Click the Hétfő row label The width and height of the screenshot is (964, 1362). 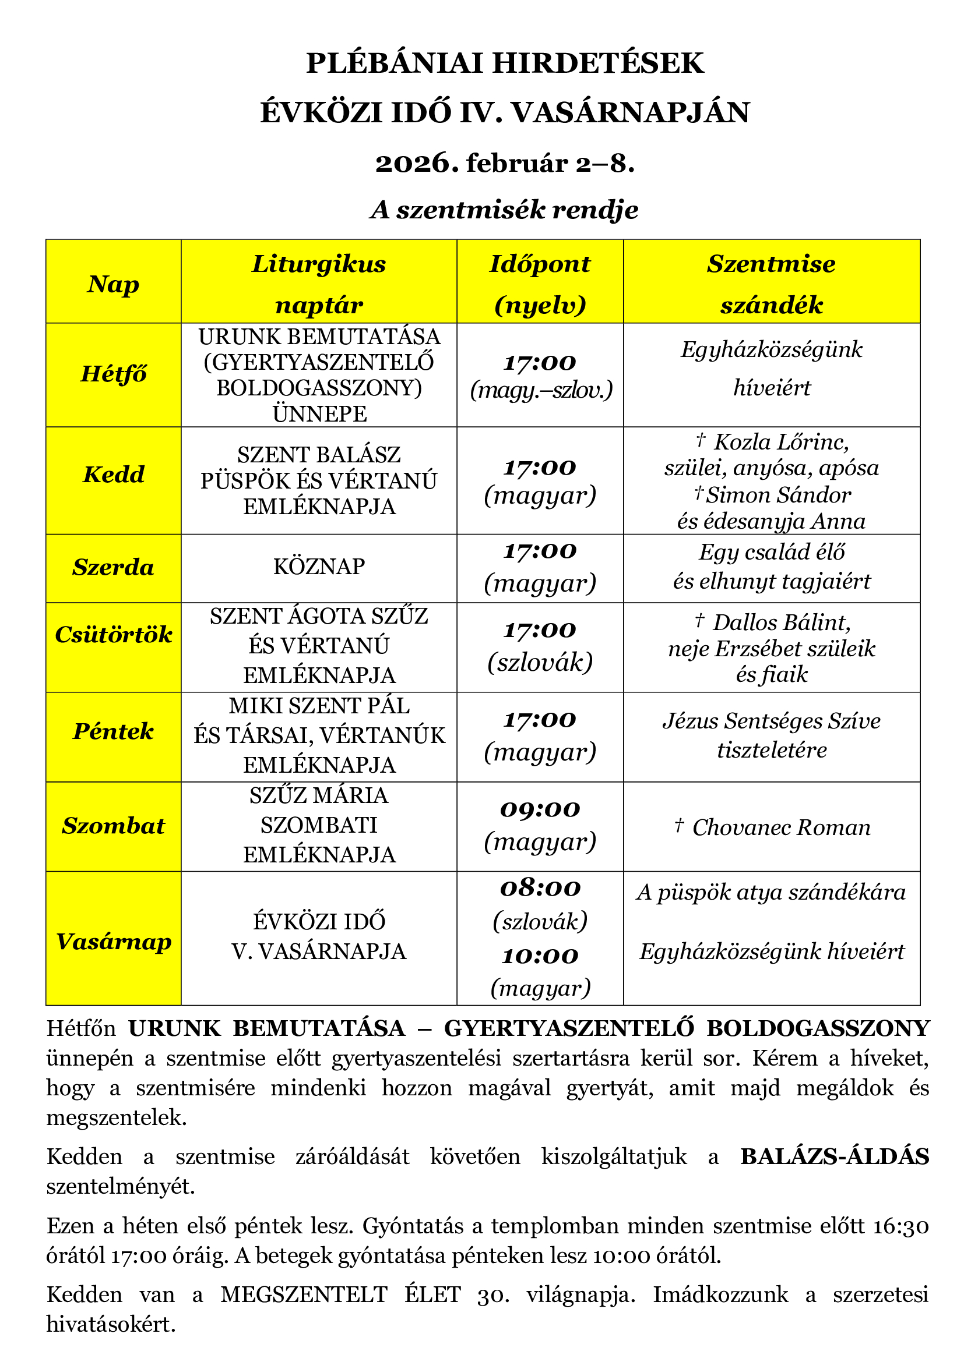point(114,374)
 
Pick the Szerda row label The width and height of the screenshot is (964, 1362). point(114,568)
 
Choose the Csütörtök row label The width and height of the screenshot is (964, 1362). point(114,635)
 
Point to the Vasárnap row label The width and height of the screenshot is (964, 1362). point(114,942)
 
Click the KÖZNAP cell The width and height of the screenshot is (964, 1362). point(319,567)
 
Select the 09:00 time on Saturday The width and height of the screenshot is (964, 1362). point(540,809)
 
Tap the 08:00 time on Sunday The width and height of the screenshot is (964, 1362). point(540,888)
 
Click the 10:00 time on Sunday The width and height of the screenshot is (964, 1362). point(540,956)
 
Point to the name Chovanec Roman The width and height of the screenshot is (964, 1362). point(781,827)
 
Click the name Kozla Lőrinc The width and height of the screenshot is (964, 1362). point(781,442)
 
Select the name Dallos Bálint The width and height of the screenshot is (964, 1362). point(781,622)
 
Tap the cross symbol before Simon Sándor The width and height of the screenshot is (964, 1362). point(699,493)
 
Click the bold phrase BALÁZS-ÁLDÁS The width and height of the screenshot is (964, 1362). point(835,1157)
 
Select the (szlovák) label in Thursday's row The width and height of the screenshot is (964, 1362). point(540,662)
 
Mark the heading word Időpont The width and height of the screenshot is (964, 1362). point(540,264)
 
